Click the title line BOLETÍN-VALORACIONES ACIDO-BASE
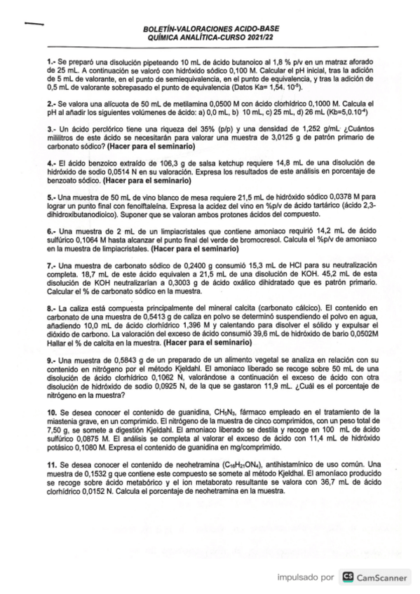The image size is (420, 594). click(x=210, y=30)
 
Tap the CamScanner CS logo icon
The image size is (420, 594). click(x=346, y=576)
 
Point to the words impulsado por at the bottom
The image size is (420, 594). click(x=306, y=577)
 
